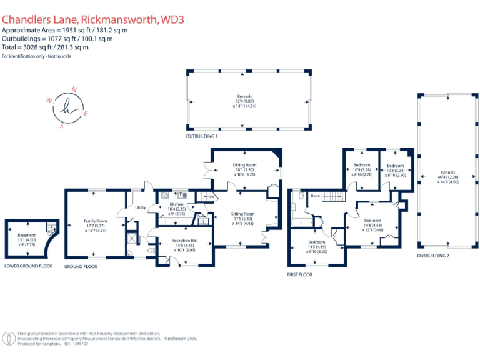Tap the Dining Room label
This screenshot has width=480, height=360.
click(x=244, y=165)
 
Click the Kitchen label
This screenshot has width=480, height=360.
click(x=177, y=204)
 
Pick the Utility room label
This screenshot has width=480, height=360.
click(x=140, y=207)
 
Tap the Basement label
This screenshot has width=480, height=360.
click(x=26, y=235)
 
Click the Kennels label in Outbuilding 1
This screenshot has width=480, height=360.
click(x=244, y=96)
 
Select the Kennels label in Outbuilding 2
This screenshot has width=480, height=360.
click(x=447, y=172)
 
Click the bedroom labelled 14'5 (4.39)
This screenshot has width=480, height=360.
click(x=316, y=242)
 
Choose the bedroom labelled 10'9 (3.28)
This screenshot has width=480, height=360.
click(x=362, y=165)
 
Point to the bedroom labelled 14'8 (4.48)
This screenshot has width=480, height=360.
click(x=372, y=220)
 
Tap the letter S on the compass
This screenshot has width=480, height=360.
click(x=61, y=125)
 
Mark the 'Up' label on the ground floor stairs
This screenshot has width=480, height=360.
click(x=211, y=197)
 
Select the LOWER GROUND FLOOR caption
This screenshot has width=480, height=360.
click(x=29, y=266)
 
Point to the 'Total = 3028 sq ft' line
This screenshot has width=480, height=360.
click(x=45, y=47)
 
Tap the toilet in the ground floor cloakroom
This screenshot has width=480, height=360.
click(x=152, y=250)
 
